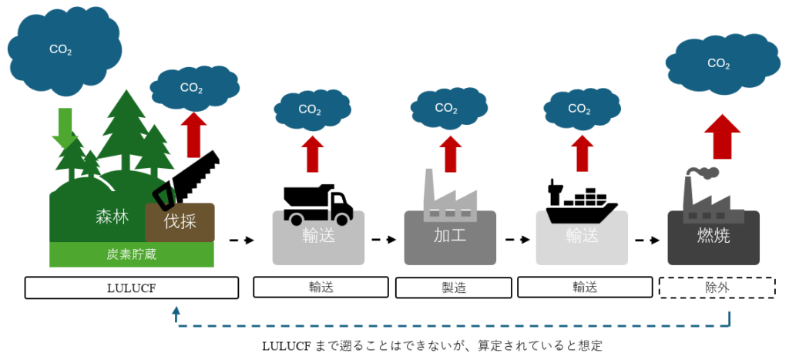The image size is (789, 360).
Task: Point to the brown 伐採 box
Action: point(180,222)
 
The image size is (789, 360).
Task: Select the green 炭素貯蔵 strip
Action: point(132,254)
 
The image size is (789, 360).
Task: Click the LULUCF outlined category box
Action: point(131,288)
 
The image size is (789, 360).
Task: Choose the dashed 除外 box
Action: point(717,288)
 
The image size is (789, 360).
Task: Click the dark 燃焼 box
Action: point(713,236)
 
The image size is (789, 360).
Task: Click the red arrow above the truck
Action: point(312,153)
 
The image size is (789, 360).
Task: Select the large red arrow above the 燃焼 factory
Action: point(722,137)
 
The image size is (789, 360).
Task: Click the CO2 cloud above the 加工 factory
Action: point(447,109)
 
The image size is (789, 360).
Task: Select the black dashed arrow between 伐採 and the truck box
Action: point(241,241)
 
